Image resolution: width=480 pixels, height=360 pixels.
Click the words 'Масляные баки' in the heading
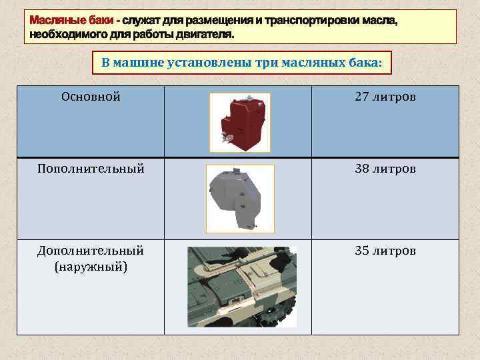(68, 21)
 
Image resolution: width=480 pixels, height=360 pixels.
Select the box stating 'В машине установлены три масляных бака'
(242, 63)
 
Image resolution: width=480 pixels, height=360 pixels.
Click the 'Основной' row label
(91, 97)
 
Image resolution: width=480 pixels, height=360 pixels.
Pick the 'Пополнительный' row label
(91, 169)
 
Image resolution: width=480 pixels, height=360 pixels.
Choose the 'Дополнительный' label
(91, 251)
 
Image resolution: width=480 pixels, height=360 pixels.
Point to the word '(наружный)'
(91, 267)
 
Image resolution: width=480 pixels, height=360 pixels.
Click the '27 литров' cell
(385, 97)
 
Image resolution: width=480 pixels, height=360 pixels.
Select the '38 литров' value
(385, 169)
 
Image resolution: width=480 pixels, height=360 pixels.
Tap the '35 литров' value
(385, 251)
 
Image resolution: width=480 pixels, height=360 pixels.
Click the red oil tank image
(239, 122)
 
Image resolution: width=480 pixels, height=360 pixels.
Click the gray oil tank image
(239, 198)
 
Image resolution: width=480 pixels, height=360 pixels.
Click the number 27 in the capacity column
(362, 97)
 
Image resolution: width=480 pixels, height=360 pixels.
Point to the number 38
(362, 169)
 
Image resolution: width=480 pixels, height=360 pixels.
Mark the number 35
(362, 251)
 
